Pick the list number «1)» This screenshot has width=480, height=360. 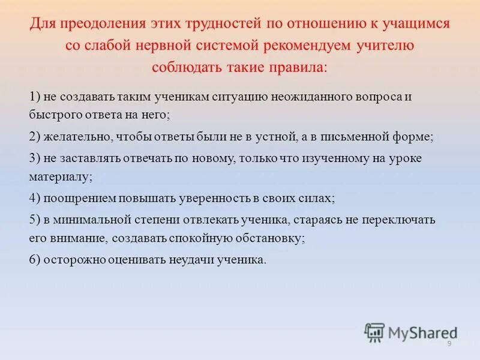(x=35, y=96)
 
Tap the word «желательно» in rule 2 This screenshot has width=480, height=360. (x=76, y=136)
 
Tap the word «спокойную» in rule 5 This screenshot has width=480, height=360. (x=200, y=238)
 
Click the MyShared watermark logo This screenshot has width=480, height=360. (x=410, y=332)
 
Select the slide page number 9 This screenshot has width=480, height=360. (x=449, y=343)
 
